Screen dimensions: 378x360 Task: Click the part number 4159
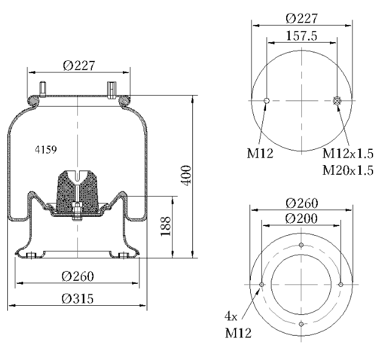click(46, 150)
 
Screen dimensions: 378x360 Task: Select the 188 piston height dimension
click(166, 227)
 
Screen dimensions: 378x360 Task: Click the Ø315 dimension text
click(78, 298)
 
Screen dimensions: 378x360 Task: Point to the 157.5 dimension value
click(301, 36)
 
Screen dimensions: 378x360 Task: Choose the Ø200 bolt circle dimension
click(301, 218)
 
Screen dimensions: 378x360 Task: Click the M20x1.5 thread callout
click(348, 170)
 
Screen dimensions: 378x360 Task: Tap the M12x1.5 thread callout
click(348, 154)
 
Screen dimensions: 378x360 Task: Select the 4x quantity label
click(231, 316)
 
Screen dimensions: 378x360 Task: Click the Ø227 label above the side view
click(79, 65)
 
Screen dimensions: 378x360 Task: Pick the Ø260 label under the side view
click(78, 277)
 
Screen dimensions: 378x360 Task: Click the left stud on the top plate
click(43, 89)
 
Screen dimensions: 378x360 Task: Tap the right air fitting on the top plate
click(111, 90)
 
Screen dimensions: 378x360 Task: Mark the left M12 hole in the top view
click(267, 101)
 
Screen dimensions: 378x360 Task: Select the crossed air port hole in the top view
click(337, 101)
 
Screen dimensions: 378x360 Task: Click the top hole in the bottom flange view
click(301, 245)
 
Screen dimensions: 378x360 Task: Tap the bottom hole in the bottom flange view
click(301, 324)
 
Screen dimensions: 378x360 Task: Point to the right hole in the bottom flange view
click(341, 284)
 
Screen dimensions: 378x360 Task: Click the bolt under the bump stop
click(77, 211)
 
